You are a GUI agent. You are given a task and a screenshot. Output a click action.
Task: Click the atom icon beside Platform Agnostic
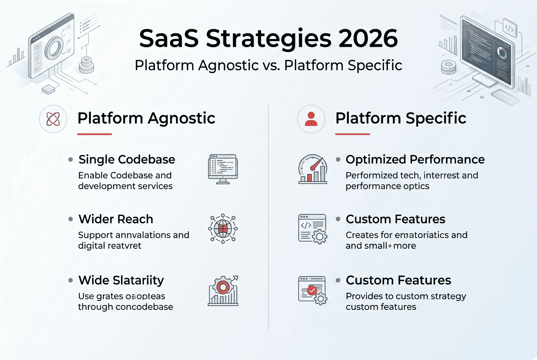click(x=53, y=119)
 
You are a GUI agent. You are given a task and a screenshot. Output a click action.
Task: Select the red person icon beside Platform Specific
click(x=311, y=119)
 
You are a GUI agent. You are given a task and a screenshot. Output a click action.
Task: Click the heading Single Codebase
click(x=127, y=160)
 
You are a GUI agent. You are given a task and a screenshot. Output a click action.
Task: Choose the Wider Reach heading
click(x=116, y=219)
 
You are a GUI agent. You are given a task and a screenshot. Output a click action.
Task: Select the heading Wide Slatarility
click(x=121, y=280)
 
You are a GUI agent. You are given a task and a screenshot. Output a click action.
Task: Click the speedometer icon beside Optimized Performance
click(x=312, y=169)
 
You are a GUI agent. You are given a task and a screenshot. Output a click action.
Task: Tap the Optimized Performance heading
click(x=415, y=160)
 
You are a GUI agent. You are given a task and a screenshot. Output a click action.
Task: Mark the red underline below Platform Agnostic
click(x=94, y=134)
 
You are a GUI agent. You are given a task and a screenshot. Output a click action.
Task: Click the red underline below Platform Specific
click(x=352, y=134)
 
